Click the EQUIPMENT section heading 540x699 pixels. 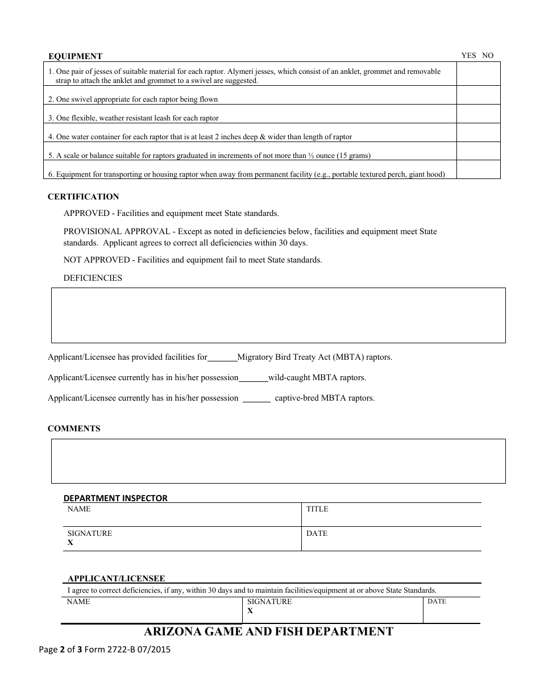75,56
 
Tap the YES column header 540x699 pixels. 468,56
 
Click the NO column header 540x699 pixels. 488,56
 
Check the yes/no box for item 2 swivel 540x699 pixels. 478,95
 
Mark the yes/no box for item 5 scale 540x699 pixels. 478,152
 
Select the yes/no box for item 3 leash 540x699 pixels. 478,114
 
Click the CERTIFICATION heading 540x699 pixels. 83,197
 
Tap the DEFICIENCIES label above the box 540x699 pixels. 93,278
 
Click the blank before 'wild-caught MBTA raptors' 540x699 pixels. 253,378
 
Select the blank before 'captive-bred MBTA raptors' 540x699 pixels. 256,398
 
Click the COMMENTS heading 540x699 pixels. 74,429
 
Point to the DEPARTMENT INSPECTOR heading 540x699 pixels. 115,498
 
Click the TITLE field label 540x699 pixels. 317,509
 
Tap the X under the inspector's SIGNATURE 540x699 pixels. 70,543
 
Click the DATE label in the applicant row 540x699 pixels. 437,601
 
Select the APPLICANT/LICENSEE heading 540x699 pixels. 116,579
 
